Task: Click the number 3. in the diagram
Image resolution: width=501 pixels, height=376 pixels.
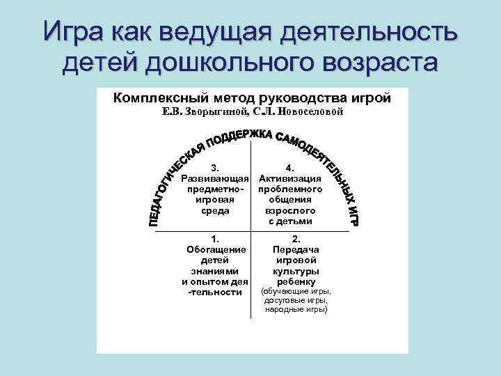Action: click(x=215, y=168)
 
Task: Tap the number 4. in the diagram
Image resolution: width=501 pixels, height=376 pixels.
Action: click(x=290, y=168)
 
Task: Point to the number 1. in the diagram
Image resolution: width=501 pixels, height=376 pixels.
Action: click(x=215, y=238)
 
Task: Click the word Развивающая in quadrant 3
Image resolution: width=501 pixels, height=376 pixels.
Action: click(x=215, y=179)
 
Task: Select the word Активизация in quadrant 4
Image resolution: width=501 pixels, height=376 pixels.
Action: click(x=290, y=179)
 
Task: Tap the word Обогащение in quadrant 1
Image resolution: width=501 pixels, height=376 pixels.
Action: click(x=216, y=249)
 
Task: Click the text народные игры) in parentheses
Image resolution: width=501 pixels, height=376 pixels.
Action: click(x=296, y=308)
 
